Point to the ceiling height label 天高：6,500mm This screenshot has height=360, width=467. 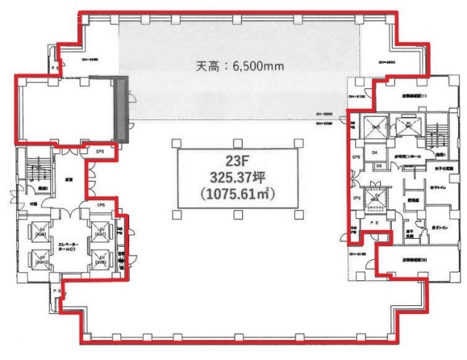[236, 65]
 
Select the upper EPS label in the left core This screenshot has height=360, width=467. [100, 152]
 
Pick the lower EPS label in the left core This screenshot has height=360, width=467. [100, 207]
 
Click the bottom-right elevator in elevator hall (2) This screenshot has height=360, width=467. [99, 258]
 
